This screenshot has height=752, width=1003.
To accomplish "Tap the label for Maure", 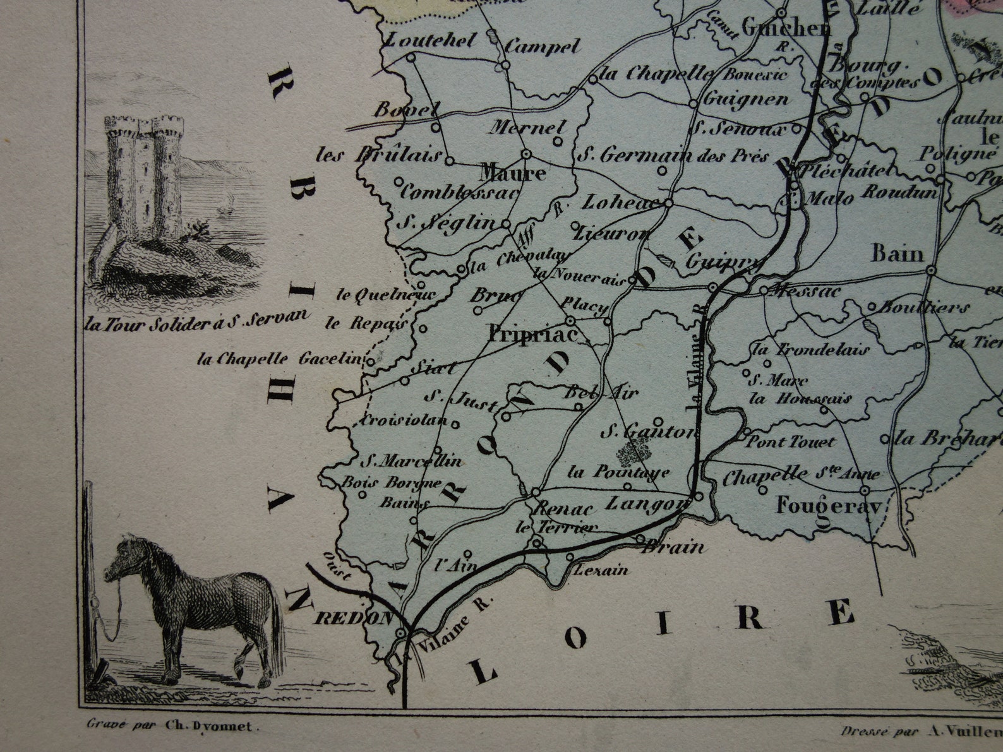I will click(512, 173).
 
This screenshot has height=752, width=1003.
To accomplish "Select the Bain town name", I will click(897, 254).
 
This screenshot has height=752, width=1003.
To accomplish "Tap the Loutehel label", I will click(421, 41).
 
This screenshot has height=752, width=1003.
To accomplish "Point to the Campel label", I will click(543, 46).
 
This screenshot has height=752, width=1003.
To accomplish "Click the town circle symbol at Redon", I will click(400, 632).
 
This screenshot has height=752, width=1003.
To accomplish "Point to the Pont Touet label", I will click(790, 442).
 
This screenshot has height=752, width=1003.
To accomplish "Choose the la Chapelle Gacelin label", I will click(279, 359).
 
